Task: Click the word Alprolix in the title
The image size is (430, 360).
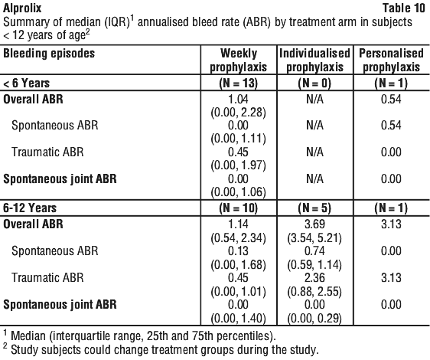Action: point(22,8)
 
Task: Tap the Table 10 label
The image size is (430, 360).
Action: point(403,8)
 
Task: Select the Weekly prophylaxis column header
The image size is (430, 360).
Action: point(238,61)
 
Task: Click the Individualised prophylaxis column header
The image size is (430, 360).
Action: point(314,61)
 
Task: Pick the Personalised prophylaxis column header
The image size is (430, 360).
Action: point(391,61)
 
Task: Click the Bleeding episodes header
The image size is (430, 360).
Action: point(49,54)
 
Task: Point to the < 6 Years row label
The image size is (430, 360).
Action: point(26,83)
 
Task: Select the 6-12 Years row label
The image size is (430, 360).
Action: point(30,208)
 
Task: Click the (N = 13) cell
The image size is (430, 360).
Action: point(238,83)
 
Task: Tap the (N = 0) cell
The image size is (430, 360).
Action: point(314,83)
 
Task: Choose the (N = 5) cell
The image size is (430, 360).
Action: point(314,208)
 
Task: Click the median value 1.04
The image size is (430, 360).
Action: point(238,99)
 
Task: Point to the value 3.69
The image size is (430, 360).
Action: point(314,224)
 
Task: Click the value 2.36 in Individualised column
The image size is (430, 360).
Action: point(314,277)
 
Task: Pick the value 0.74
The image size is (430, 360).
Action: point(314,250)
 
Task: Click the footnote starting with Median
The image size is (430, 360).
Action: point(139,335)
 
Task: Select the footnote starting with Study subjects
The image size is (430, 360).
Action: point(161,349)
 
